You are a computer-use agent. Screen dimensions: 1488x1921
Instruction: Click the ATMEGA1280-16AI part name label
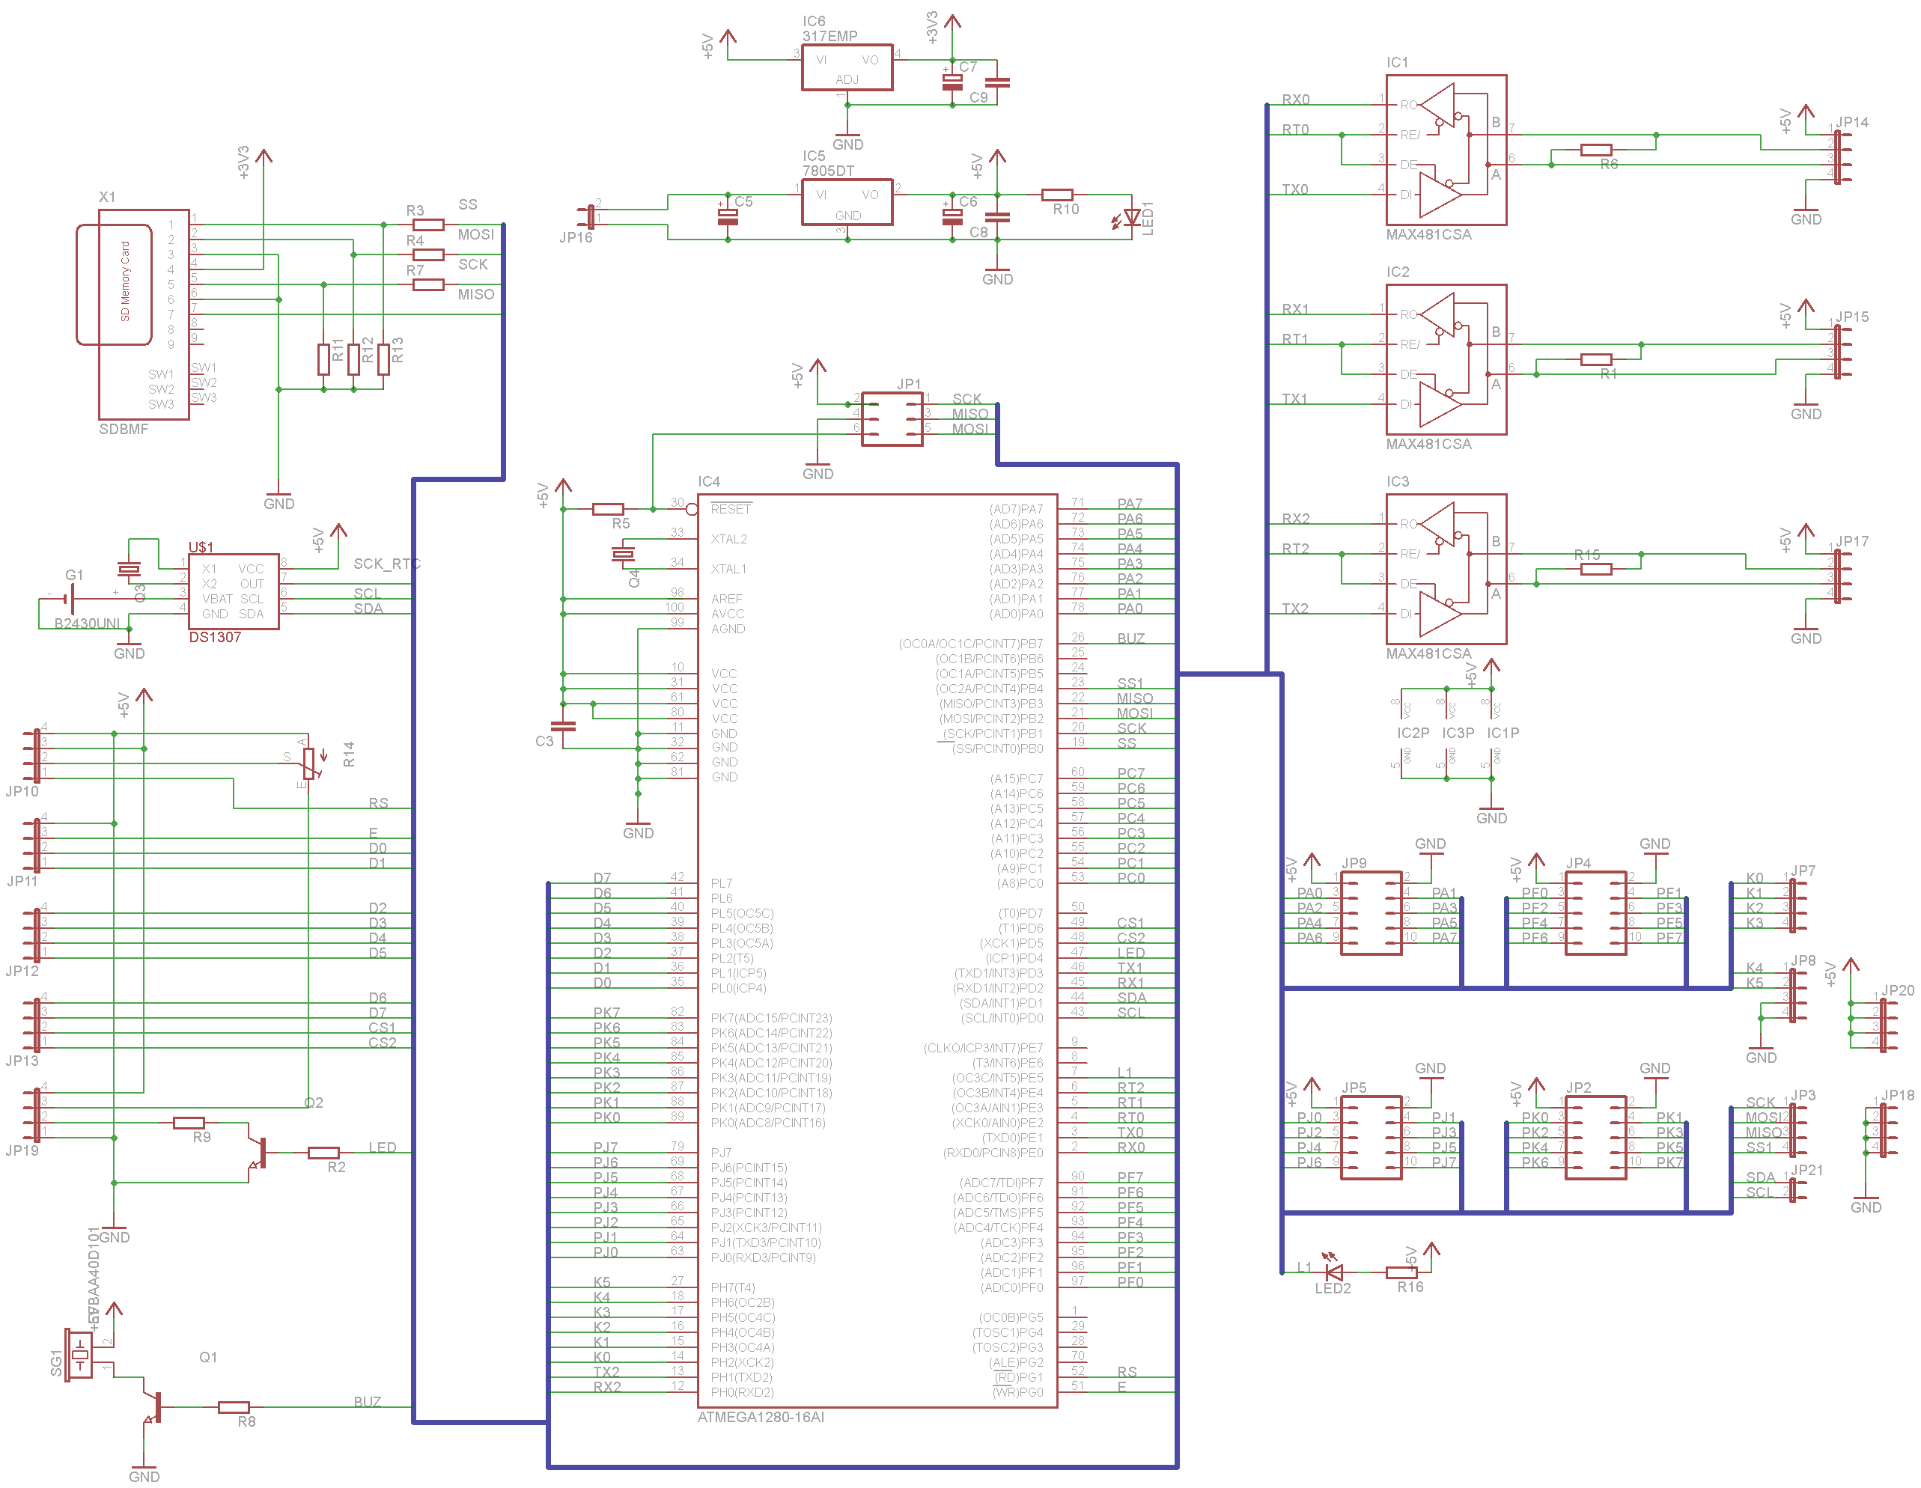(760, 1417)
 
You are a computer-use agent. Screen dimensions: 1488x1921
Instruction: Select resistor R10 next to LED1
(1056, 195)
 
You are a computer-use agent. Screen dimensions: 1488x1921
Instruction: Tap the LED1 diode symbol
(1131, 217)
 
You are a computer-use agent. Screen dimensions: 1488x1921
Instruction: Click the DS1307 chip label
(215, 637)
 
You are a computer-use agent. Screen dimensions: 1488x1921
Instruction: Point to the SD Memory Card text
(125, 281)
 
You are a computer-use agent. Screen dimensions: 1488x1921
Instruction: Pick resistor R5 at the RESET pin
(608, 509)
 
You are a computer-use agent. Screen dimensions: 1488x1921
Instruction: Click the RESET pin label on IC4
(730, 509)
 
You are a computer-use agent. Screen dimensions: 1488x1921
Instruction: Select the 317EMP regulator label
(829, 36)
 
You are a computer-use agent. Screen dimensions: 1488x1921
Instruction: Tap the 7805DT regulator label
(828, 171)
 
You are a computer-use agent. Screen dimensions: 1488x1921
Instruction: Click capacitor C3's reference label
(544, 741)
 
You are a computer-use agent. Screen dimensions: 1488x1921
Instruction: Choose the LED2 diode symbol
(1333, 1272)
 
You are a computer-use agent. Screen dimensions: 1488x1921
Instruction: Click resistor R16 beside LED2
(1401, 1272)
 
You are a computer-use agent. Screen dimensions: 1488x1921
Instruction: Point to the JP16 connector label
(576, 237)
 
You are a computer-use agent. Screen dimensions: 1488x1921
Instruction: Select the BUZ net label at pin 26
(1130, 638)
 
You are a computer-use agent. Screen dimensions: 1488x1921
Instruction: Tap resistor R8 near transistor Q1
(233, 1407)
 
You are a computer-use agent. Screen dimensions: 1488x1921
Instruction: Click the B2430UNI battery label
(86, 623)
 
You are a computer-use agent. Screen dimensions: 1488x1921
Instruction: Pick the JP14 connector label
(1851, 122)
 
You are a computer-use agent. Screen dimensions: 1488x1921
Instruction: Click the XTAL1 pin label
(728, 569)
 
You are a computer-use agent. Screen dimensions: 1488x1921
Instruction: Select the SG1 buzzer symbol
(80, 1354)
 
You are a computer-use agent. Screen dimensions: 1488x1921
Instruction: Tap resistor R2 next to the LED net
(323, 1153)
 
